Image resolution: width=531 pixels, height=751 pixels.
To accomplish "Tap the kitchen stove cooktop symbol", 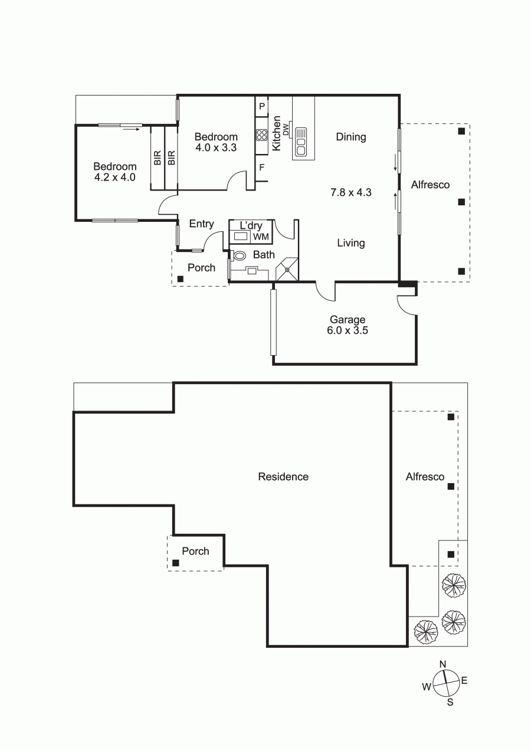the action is [x=262, y=135].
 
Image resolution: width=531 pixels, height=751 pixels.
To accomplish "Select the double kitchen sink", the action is [x=301, y=141].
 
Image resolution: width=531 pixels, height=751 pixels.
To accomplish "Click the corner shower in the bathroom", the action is [x=287, y=269].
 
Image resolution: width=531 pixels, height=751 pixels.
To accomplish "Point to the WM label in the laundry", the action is [x=261, y=237].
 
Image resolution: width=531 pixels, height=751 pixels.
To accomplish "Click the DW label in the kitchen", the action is [x=286, y=130].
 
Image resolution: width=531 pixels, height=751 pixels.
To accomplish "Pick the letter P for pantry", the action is [x=262, y=106].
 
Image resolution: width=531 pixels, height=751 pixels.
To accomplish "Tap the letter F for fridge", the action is [x=262, y=167].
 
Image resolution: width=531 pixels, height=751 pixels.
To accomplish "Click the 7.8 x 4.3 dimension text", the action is [x=350, y=192].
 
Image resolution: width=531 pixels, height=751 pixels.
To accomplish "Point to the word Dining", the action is [x=350, y=137].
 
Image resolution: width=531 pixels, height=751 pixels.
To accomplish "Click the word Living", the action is [x=350, y=243].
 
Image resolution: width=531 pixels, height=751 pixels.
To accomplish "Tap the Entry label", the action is [x=201, y=224].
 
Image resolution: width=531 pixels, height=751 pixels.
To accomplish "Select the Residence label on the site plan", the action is [x=283, y=477].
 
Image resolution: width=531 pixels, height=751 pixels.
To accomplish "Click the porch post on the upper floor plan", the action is [x=181, y=278].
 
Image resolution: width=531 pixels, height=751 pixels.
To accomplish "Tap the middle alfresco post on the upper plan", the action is [x=461, y=202].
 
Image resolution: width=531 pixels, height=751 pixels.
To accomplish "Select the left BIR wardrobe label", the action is [x=157, y=158].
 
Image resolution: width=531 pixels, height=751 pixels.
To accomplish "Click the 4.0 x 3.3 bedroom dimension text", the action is [x=216, y=147].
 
